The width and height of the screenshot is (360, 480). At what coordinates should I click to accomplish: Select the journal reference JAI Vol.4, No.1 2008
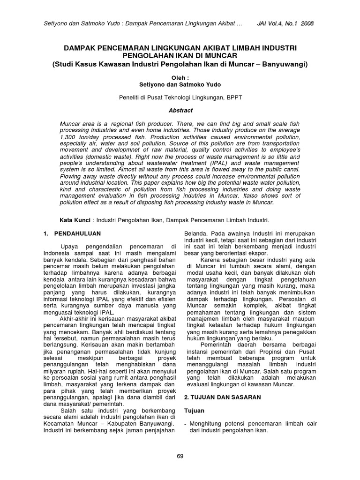click(x=286, y=23)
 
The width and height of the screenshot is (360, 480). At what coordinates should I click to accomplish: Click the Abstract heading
click(x=180, y=111)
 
